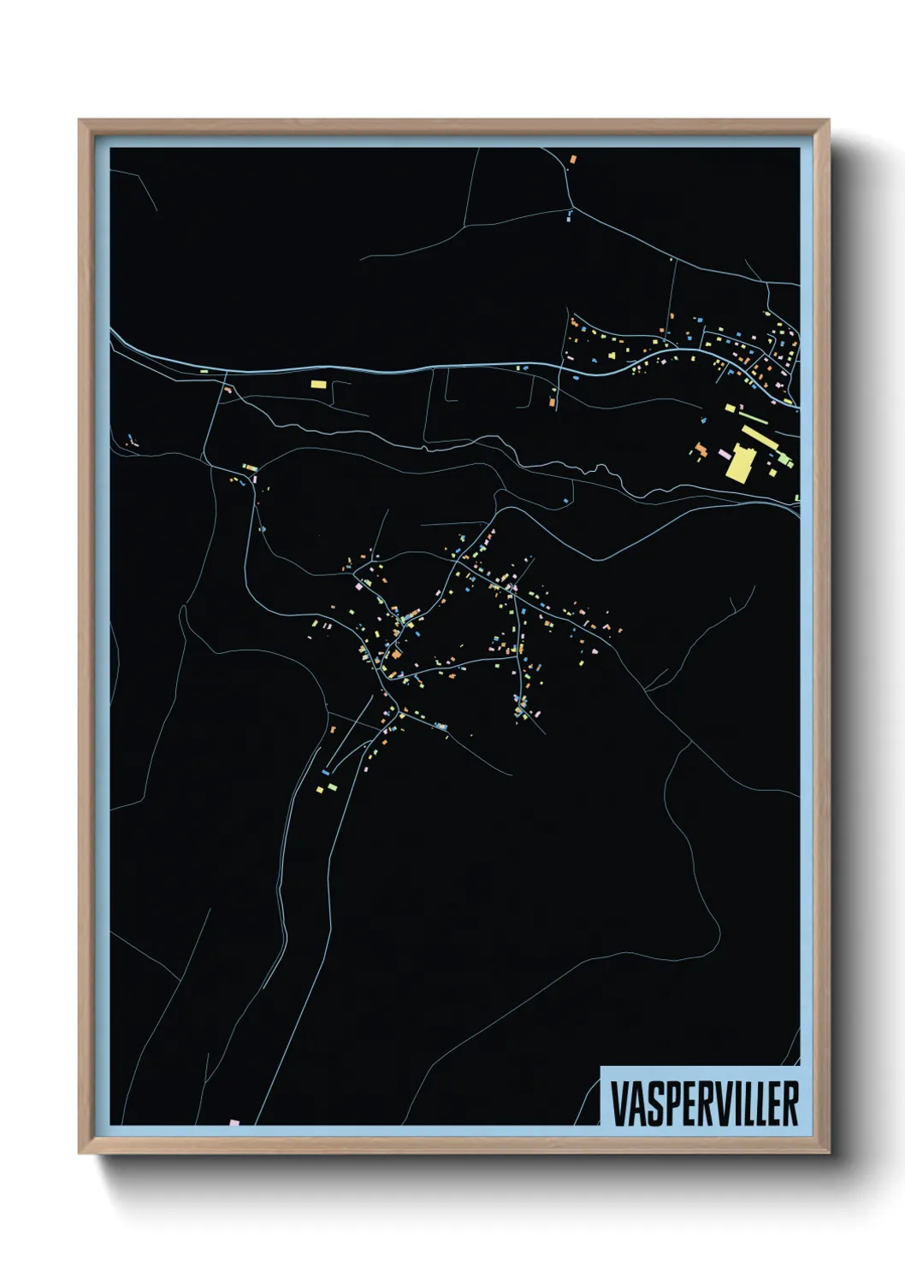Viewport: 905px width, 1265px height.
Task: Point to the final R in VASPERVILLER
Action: point(791,1103)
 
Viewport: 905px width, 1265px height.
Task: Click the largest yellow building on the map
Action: point(740,462)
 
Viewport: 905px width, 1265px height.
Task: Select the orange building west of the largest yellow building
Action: point(701,448)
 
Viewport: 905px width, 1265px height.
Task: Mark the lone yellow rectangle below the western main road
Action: point(318,385)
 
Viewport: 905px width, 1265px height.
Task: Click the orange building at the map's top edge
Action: point(573,158)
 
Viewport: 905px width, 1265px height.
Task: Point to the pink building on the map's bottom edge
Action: point(234,1122)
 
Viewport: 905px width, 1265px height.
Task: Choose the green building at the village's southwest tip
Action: point(332,785)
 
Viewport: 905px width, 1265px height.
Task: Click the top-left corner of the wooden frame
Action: point(80,121)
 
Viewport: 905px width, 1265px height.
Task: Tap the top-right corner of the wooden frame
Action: point(828,121)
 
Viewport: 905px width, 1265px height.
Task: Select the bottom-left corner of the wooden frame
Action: point(80,1153)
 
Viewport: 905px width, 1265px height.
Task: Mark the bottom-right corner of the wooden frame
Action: point(828,1153)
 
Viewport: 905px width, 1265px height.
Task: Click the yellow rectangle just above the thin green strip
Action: point(731,409)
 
